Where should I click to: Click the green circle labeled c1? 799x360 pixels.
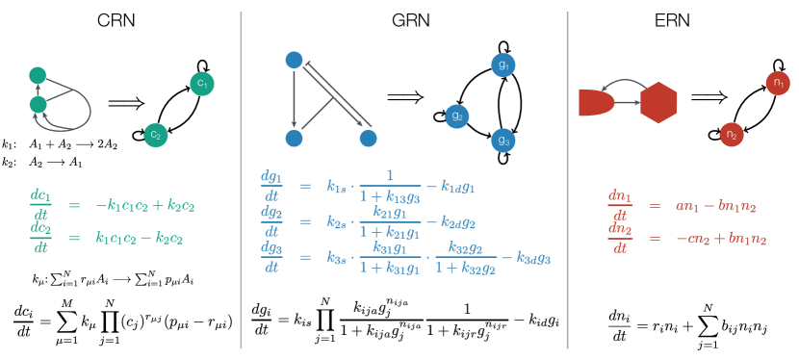[x=202, y=84]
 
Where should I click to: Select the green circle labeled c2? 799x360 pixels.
[x=156, y=136]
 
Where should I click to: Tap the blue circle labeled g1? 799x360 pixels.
[x=503, y=65]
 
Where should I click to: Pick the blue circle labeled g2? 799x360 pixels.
[x=457, y=116]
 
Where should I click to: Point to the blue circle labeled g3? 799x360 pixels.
[x=503, y=141]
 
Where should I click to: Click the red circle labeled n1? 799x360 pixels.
[x=778, y=84]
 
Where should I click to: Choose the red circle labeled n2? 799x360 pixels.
[x=732, y=135]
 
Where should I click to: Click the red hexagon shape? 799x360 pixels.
[x=658, y=103]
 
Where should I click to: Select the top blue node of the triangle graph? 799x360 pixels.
[x=295, y=61]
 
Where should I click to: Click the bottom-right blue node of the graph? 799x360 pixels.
[x=368, y=139]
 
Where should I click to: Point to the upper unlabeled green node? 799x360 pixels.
[x=39, y=75]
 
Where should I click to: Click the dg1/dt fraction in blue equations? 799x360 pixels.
[x=271, y=184]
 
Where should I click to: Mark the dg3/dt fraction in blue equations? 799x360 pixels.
[x=271, y=256]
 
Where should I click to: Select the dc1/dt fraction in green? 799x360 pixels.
[x=41, y=202]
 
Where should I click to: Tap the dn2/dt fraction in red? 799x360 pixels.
[x=620, y=238]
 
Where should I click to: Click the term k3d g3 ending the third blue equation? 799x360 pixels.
[x=532, y=259]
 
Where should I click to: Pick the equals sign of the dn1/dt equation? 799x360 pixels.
[x=654, y=205]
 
